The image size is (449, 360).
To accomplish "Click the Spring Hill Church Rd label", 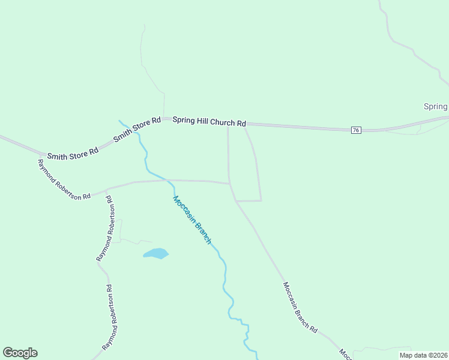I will [x=209, y=121].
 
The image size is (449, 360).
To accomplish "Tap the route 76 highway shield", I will [x=356, y=130].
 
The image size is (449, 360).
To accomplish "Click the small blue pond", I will [x=156, y=254].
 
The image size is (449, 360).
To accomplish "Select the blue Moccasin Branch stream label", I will [x=192, y=220].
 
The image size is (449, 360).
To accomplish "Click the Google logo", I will [x=20, y=353].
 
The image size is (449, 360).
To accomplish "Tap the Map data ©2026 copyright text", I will [x=423, y=355].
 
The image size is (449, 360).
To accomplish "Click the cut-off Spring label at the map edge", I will [x=436, y=107].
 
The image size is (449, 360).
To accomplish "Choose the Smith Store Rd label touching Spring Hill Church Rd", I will [x=137, y=128].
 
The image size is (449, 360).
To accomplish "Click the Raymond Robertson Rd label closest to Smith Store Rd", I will [x=64, y=179].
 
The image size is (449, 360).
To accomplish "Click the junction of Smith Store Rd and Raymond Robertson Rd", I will [x=42, y=155].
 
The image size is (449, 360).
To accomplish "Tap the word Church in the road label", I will [x=222, y=122].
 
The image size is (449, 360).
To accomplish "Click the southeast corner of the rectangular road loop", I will [x=261, y=200].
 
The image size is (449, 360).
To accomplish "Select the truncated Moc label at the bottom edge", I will [x=344, y=354].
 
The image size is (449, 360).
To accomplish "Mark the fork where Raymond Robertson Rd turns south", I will [x=106, y=190].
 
